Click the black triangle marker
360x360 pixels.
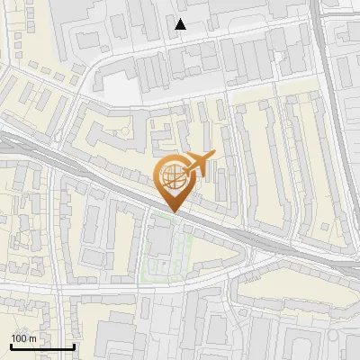181,24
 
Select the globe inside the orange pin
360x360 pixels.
174,179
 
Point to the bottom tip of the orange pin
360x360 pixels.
174,212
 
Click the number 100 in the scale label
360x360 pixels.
19,338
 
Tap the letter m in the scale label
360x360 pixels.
32,338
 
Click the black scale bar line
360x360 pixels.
41,346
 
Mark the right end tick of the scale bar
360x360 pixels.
74,345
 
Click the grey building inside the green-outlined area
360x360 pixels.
161,239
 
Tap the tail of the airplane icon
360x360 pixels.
210,157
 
